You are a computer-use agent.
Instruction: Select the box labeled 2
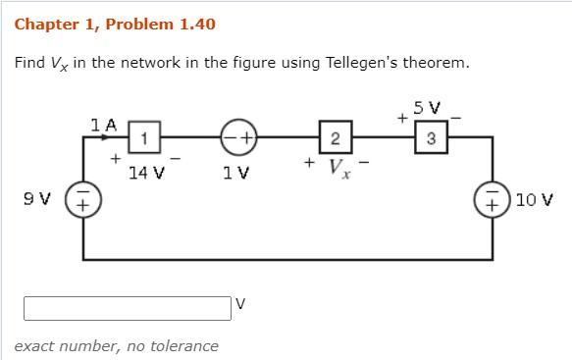(335, 138)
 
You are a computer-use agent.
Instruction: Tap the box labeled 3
(431, 138)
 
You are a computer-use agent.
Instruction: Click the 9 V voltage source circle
(82, 200)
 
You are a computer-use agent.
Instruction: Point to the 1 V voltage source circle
(238, 138)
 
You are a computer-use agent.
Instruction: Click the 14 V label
(146, 173)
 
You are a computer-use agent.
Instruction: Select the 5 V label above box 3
(427, 107)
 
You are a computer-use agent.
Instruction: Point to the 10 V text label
(534, 200)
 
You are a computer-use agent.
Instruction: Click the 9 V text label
(38, 200)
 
